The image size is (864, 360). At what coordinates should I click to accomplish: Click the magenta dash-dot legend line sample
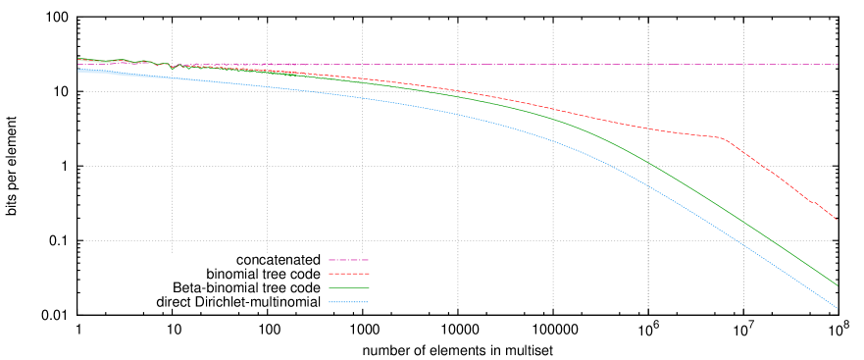tap(348, 260)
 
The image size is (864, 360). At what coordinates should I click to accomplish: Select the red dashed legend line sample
tap(348, 274)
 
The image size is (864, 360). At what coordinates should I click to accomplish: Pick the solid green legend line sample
tap(348, 288)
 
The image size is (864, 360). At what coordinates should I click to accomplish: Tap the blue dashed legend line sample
tap(348, 302)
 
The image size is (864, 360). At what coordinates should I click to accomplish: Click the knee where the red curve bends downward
tap(724, 138)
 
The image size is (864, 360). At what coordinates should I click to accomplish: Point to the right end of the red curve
tap(837, 220)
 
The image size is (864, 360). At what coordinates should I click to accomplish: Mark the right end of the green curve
tap(838, 285)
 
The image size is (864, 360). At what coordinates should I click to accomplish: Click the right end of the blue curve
tap(838, 309)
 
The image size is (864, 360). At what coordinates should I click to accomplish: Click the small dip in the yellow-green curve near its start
tap(172, 69)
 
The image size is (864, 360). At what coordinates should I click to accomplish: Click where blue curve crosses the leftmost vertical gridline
tap(173, 77)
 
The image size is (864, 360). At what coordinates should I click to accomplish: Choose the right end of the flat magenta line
tap(392, 65)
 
